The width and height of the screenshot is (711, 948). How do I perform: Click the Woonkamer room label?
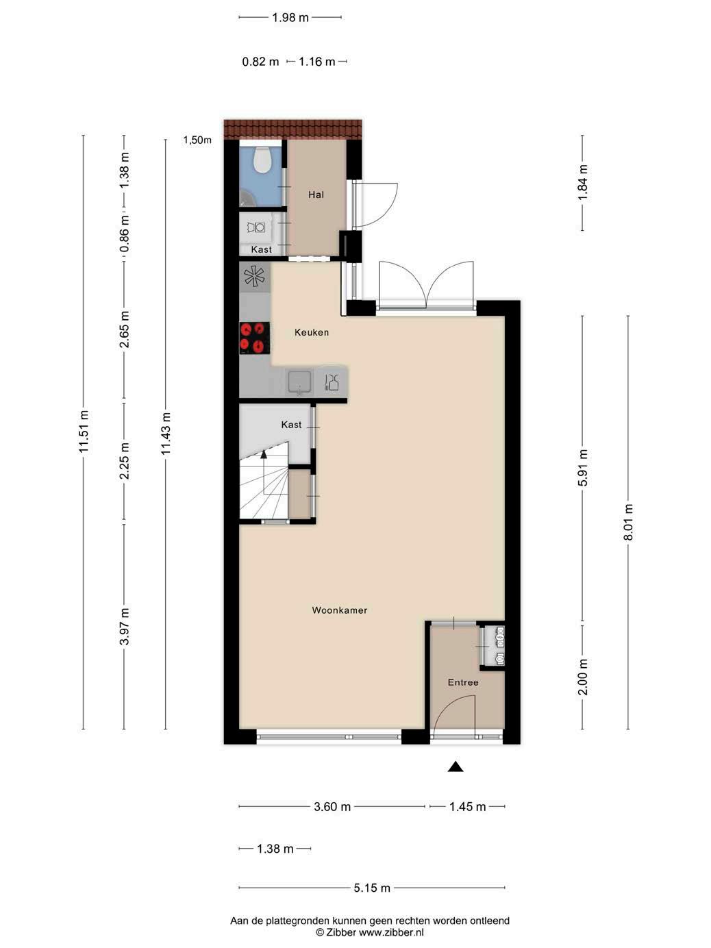339,610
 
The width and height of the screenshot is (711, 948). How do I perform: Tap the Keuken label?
312,332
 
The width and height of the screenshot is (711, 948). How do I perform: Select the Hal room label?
316,195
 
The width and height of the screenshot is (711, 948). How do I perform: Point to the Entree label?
463,682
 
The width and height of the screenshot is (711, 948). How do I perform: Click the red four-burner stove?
255,338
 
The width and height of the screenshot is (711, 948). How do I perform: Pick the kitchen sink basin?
299,382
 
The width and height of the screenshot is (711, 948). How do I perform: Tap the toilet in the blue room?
262,159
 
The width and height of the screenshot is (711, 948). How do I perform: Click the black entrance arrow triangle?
456,766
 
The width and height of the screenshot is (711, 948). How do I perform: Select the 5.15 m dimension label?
372,888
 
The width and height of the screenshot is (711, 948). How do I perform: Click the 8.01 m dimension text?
629,522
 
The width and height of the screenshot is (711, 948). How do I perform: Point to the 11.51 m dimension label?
84,432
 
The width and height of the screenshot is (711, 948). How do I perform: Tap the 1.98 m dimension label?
290,18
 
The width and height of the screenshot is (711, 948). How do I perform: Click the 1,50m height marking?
197,140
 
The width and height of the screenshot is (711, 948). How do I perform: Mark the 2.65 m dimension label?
125,329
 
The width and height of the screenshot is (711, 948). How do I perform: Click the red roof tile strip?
292,129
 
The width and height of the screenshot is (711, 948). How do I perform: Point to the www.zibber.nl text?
391,932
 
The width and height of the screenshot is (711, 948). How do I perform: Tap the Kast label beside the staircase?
291,425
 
